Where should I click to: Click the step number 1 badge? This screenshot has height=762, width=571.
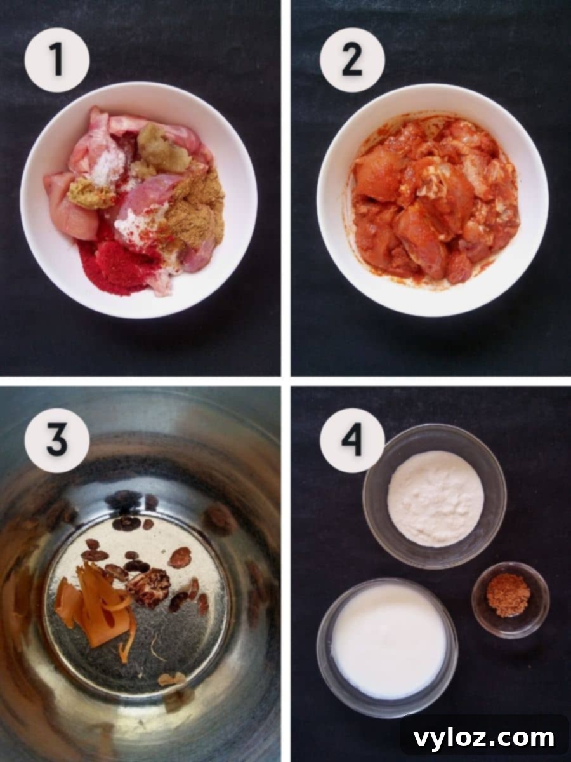(x=56, y=60)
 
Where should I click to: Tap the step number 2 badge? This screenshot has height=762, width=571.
(x=351, y=60)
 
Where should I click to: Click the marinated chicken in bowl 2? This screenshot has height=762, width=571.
(x=431, y=197)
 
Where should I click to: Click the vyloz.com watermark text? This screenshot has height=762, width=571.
(x=483, y=739)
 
